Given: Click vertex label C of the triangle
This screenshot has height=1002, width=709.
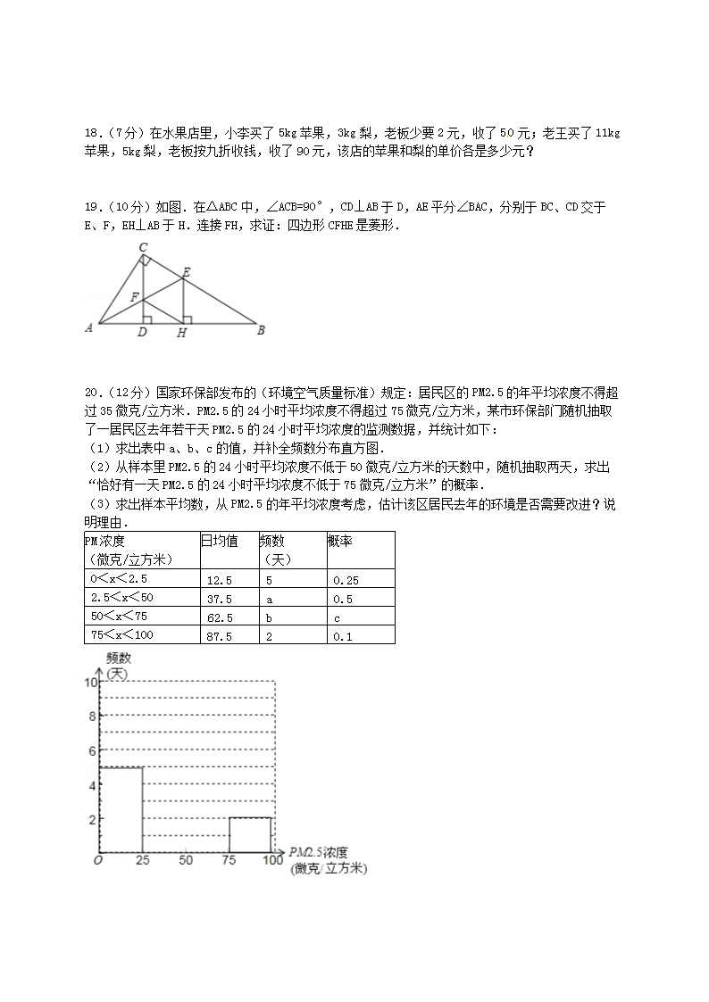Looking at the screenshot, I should [143, 247].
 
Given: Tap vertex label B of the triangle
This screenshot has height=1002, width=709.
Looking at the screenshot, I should [261, 329].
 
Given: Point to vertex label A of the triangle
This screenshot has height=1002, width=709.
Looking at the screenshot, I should [89, 327].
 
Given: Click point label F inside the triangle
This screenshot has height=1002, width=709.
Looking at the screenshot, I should [134, 296].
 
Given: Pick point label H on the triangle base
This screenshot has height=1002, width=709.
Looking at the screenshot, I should [182, 334].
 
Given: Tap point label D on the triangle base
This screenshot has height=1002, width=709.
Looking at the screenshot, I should [142, 334].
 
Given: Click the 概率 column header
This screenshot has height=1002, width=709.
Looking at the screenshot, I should [338, 541].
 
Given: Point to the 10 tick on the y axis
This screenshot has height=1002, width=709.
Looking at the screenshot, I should [88, 683].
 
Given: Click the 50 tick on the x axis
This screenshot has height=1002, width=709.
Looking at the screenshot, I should [186, 860].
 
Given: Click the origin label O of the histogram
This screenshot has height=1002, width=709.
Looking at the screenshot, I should [97, 860].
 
